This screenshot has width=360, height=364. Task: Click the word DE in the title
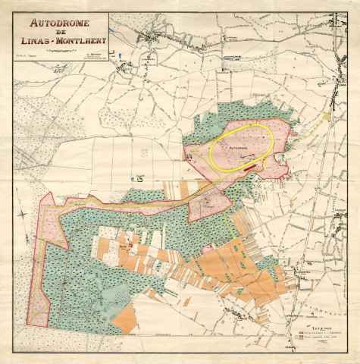61,31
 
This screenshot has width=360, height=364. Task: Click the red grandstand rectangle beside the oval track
249,162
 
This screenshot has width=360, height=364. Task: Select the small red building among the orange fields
130,246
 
